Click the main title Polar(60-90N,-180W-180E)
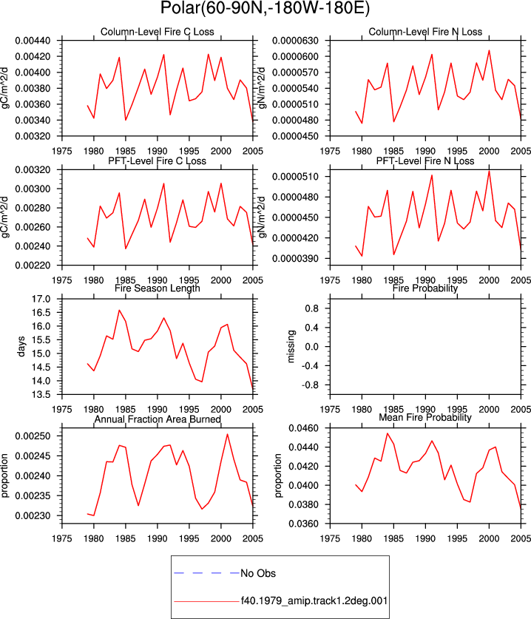(x=265, y=8)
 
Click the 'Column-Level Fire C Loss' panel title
(x=157, y=32)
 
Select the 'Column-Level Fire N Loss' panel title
(x=425, y=32)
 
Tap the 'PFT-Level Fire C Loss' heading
(x=157, y=160)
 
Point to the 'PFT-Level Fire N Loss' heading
(x=425, y=160)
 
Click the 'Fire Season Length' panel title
(x=157, y=288)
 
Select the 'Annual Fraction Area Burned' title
(x=157, y=419)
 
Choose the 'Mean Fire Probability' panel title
(x=425, y=417)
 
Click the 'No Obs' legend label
(x=258, y=573)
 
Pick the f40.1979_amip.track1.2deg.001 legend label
(x=314, y=601)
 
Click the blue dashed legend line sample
(x=206, y=573)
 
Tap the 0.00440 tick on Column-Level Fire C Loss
(x=33, y=41)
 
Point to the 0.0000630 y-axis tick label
(x=295, y=41)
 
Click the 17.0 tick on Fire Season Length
(x=41, y=299)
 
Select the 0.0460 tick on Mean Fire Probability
(x=304, y=428)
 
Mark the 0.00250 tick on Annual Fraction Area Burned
(x=33, y=436)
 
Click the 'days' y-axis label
(x=21, y=346)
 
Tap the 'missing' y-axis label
(x=291, y=346)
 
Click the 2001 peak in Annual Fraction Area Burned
(x=227, y=434)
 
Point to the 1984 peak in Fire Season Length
(x=119, y=311)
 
